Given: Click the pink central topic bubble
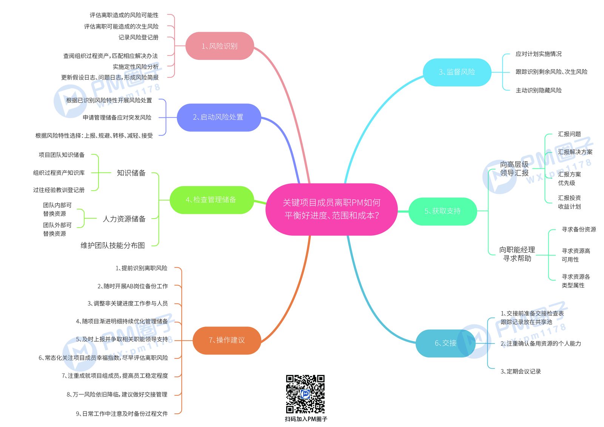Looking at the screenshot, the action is click(331, 209).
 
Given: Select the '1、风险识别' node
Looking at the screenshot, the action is click(219, 46).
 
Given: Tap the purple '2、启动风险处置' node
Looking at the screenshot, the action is click(219, 117).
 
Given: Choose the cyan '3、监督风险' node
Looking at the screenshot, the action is click(457, 72).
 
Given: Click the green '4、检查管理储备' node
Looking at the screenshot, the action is click(212, 200).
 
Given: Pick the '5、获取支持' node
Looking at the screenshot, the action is click(443, 211).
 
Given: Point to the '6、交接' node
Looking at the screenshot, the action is click(445, 344).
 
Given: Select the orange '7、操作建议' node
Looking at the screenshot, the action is click(227, 341).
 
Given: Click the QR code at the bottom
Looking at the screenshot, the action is click(305, 394).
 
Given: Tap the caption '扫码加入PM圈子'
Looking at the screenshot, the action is click(306, 419).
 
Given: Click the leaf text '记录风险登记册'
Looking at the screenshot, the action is click(138, 37).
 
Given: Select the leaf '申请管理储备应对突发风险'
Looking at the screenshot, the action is click(117, 117).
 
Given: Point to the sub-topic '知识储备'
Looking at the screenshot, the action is click(131, 173).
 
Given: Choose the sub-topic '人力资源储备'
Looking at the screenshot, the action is click(124, 219).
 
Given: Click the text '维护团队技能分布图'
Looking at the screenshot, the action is click(113, 245).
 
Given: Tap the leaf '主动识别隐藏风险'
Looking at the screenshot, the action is click(538, 90).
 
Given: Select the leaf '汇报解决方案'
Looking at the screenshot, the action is click(575, 152).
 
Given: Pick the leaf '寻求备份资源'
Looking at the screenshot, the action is click(579, 229).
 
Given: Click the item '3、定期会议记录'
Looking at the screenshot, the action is click(521, 372).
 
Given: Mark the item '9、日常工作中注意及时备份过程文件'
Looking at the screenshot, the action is click(122, 413).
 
